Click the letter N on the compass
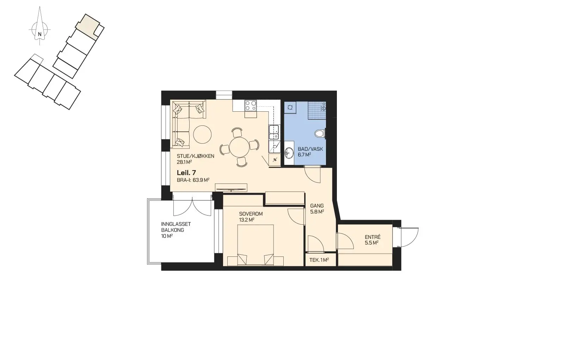39,34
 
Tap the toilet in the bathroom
320,133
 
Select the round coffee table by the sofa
202,135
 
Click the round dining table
240,147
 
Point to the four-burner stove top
251,105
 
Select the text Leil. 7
186,173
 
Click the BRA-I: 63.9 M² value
193,180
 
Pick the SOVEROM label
251,214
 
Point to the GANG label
317,206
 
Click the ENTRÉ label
372,237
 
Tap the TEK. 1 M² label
319,260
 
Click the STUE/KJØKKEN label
196,156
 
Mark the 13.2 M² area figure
247,220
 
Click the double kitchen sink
274,132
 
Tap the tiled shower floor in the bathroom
317,110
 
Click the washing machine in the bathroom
290,107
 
